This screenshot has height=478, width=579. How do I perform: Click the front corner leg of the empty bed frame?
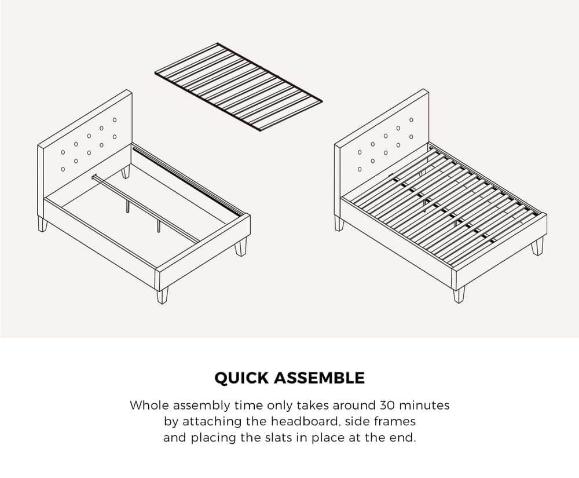[163, 294]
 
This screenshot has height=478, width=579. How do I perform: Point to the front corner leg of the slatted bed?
[459, 294]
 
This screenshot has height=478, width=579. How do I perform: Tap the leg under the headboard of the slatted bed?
[339, 224]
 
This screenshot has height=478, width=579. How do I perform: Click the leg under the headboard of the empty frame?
[42, 224]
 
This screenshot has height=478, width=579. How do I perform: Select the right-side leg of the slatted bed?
[537, 246]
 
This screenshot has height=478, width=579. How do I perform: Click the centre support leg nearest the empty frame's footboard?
[157, 225]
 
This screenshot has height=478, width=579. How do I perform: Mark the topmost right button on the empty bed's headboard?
[115, 120]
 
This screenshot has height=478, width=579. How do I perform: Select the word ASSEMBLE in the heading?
[318, 378]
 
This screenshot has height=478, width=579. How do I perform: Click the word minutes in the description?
[426, 405]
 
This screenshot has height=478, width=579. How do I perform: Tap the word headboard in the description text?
[310, 421]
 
